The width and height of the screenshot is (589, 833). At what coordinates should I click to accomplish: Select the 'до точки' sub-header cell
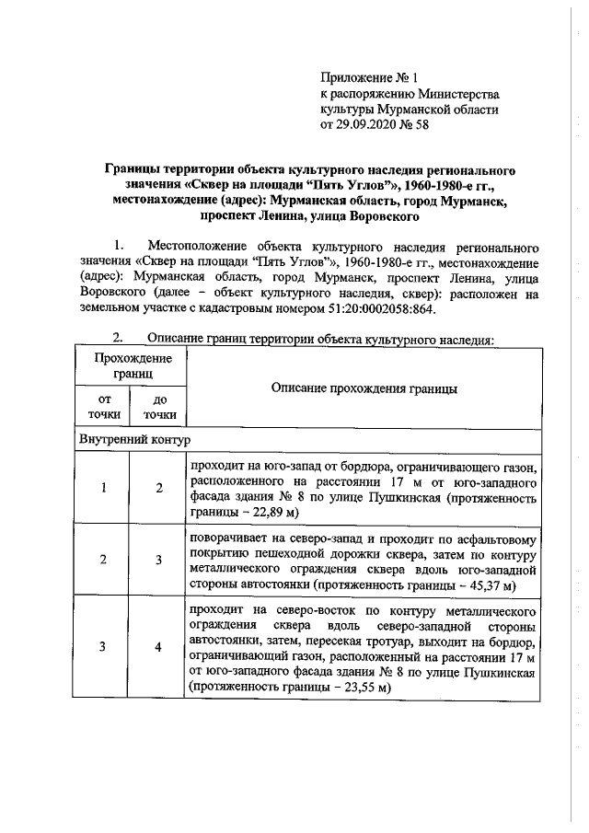(x=159, y=407)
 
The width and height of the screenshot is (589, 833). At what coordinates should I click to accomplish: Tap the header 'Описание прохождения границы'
(x=365, y=389)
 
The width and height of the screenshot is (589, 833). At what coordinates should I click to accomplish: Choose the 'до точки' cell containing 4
(x=158, y=647)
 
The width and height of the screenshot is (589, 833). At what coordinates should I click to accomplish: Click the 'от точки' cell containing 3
(x=105, y=647)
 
